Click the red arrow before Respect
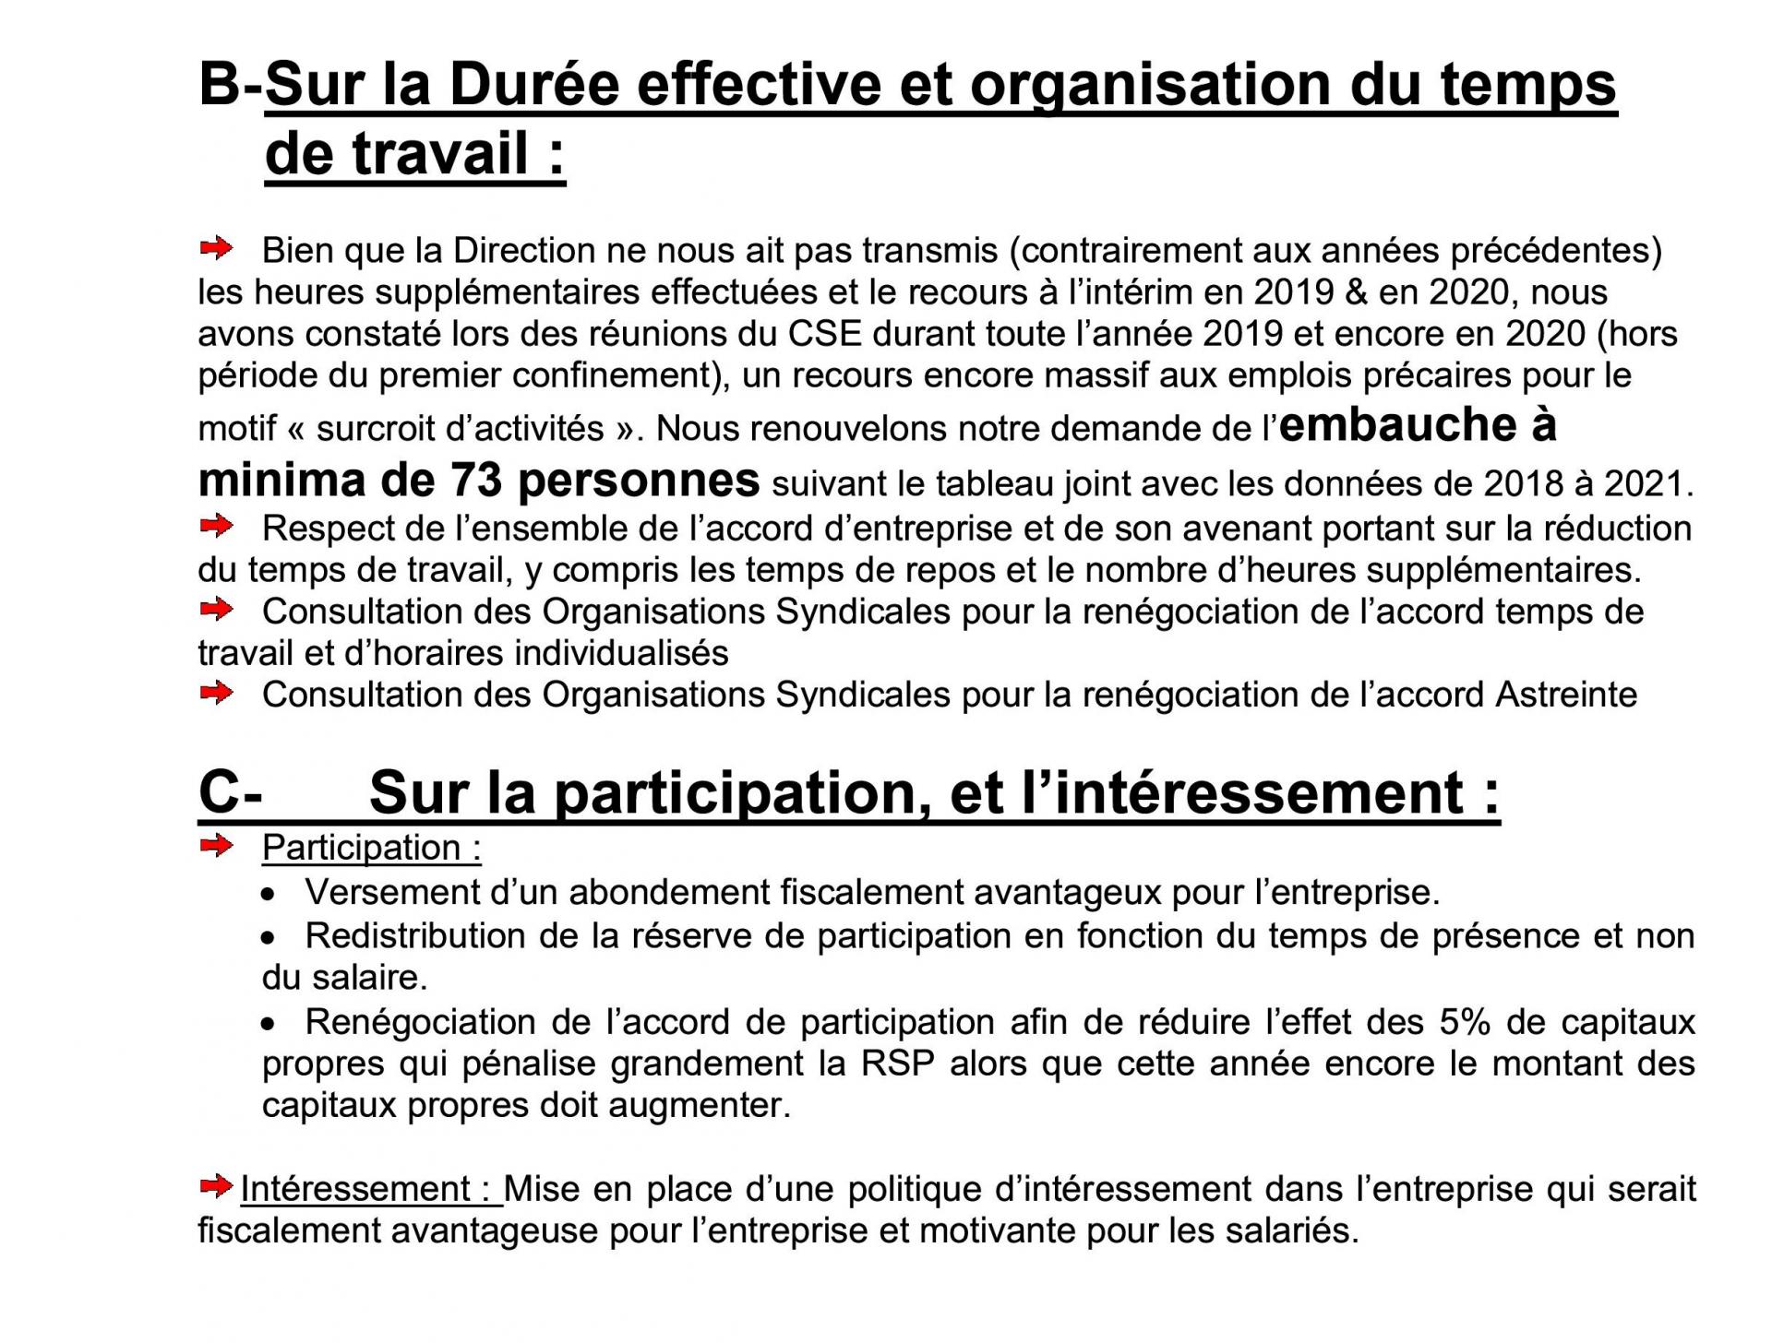[217, 528]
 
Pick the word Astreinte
[1565, 694]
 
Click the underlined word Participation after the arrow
[361, 848]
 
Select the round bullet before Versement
[269, 895]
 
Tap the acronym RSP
[898, 1064]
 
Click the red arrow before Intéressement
[217, 1187]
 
